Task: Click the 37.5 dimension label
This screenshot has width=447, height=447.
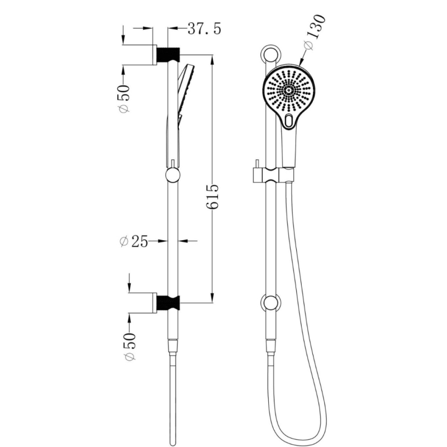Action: [204, 29]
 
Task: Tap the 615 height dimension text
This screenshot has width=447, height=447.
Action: [212, 197]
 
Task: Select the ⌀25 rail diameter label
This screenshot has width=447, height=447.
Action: [134, 241]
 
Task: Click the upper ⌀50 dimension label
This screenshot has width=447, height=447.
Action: [124, 99]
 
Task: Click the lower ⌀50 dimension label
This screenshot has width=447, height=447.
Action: [130, 346]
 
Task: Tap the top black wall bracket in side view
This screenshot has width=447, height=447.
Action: [168, 55]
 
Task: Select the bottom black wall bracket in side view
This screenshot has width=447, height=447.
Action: [168, 303]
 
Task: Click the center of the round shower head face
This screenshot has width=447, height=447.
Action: [288, 91]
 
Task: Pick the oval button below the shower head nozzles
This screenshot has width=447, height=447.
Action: [289, 121]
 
